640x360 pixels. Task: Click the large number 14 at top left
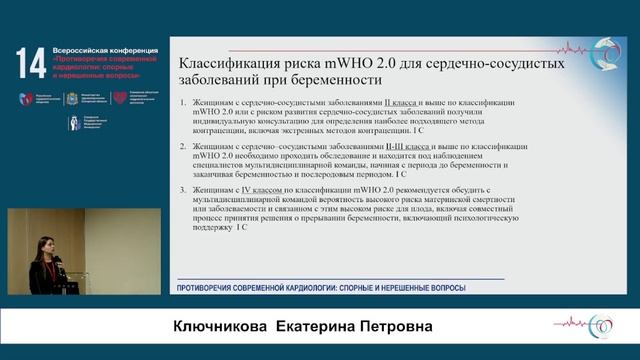point(27,63)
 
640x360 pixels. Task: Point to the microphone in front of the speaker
point(58,262)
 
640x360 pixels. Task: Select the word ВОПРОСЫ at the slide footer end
point(443,288)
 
